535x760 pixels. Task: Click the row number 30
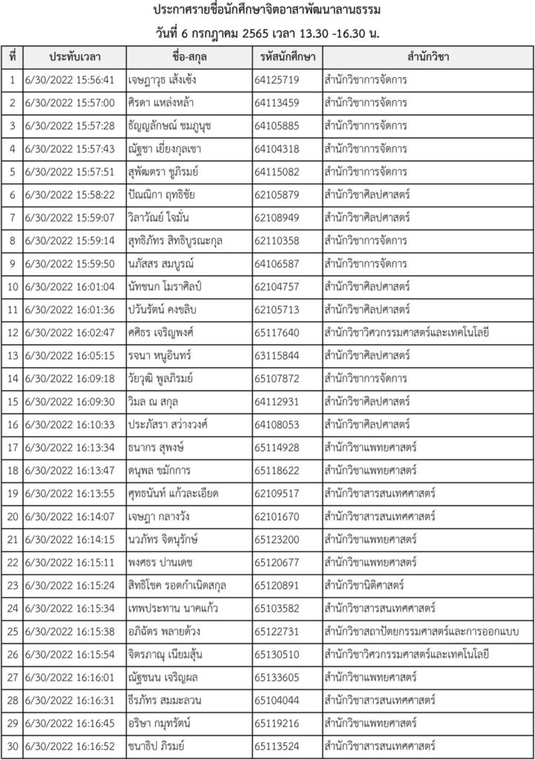(x=13, y=744)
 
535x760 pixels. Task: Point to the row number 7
(x=13, y=217)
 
